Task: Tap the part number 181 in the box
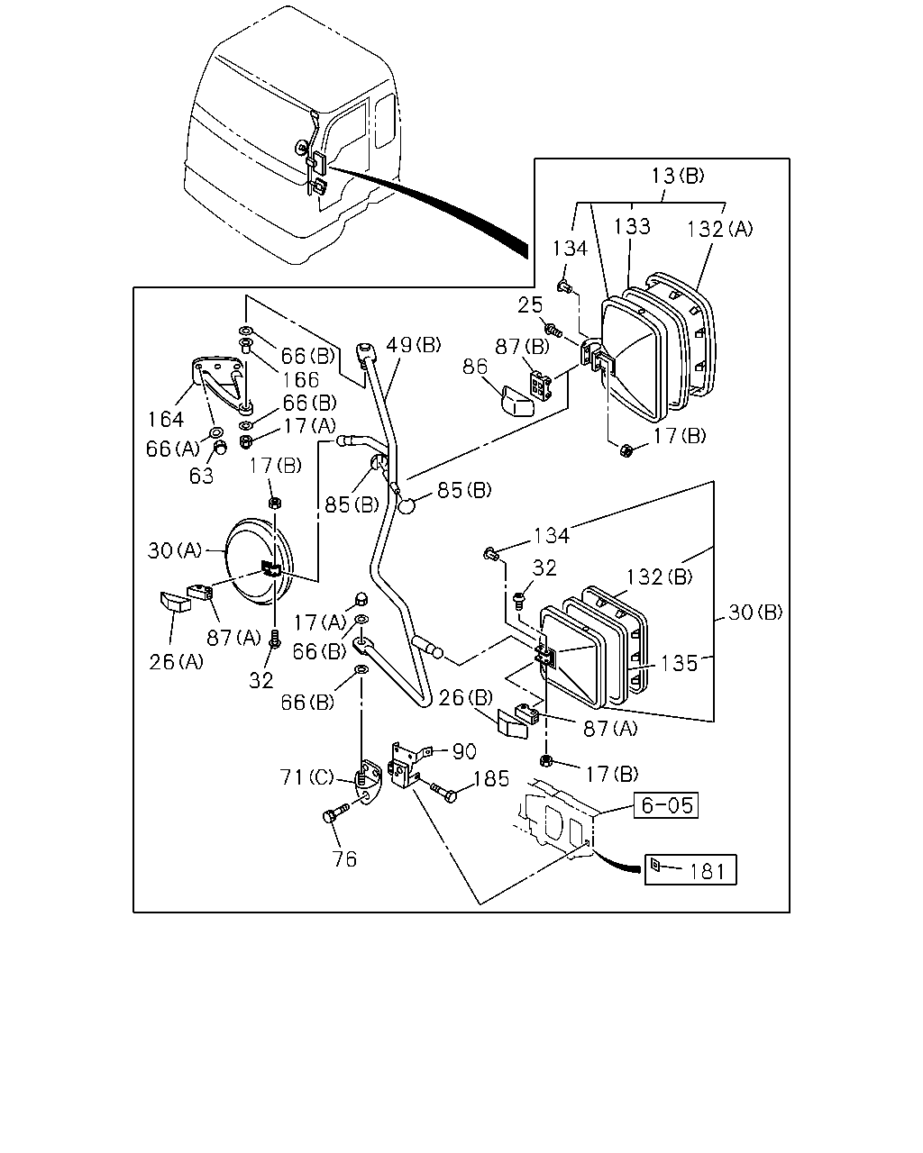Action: coord(707,872)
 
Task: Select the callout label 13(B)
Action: coord(678,176)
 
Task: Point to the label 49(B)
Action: coord(414,344)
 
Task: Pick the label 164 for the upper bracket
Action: coord(166,419)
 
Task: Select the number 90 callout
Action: coord(464,751)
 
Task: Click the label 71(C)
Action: coord(306,776)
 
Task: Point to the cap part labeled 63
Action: coord(219,447)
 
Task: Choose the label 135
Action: coord(679,663)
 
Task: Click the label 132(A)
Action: coord(720,230)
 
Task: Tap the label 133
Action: coord(632,227)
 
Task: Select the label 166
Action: coord(300,380)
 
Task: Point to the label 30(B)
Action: coord(755,612)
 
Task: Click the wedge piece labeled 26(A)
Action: coord(176,602)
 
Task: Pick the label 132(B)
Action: coord(660,577)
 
